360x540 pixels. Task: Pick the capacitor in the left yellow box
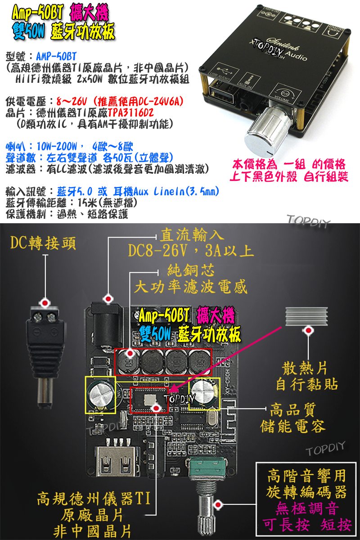pos(100,395)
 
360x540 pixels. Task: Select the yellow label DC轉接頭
pos(43,243)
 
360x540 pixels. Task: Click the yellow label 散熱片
pos(306,369)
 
